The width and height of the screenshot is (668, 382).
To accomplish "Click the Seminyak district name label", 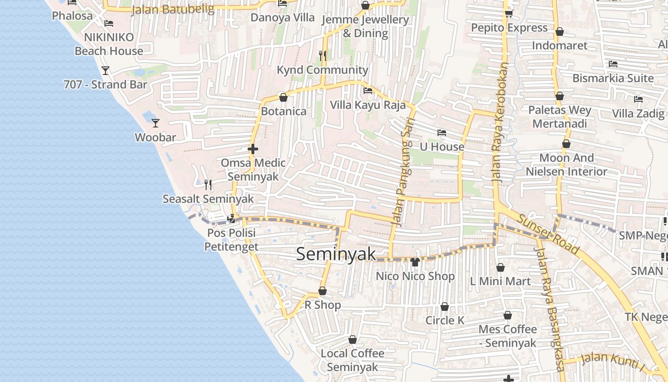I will click(336, 254).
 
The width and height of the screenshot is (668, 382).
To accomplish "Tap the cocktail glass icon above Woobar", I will click(156, 123).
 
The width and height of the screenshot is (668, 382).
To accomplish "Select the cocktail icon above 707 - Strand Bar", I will click(105, 71).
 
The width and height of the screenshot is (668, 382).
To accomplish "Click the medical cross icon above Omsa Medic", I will click(253, 149).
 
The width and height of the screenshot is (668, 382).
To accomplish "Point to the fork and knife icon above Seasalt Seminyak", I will click(208, 185).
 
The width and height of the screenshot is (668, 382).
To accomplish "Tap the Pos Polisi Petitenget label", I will click(231, 240).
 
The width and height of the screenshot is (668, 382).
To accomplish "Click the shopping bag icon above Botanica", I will click(283, 97).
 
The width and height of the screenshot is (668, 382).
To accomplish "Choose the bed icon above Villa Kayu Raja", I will click(368, 91).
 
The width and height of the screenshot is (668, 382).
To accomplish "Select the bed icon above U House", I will click(442, 132).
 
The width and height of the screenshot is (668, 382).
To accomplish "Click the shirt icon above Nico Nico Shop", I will click(415, 262).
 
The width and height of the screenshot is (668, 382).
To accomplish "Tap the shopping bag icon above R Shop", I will click(323, 291).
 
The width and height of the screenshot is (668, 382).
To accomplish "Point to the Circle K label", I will click(445, 320).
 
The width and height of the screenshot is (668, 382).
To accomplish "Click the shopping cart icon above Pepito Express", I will click(509, 13).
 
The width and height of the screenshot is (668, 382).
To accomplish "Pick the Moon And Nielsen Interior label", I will click(566, 165).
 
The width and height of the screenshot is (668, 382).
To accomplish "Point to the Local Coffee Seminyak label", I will click(353, 360).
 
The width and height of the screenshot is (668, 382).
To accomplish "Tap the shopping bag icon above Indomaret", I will click(560, 32).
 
